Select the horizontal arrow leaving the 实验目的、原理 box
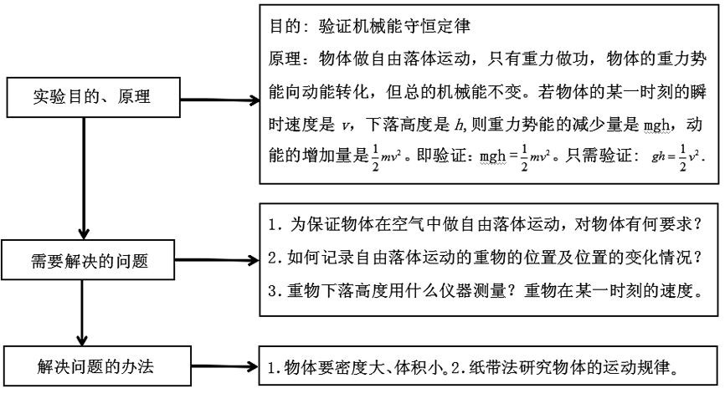tap(218, 100)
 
